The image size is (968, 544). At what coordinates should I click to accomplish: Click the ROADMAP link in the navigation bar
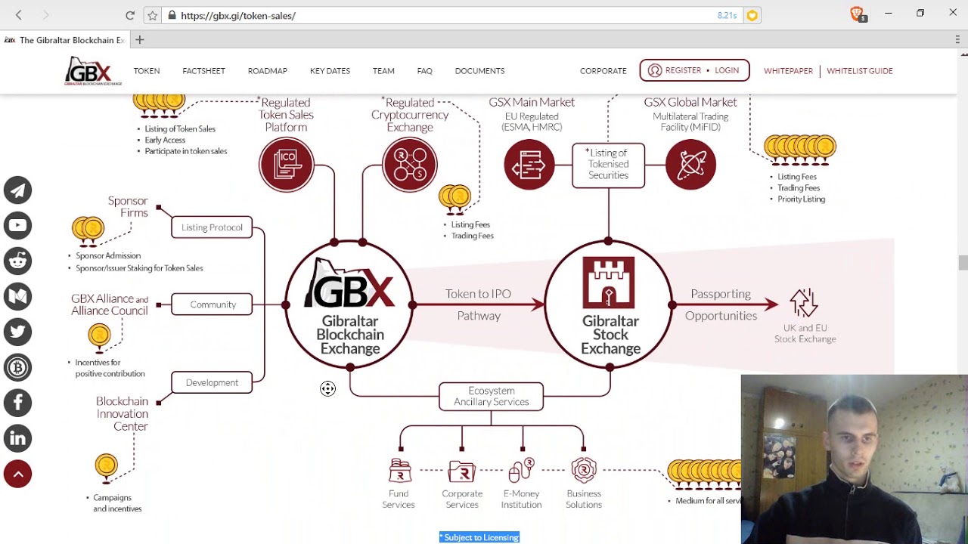coord(267,71)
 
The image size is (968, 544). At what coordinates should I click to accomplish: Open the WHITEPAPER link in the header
coord(788,71)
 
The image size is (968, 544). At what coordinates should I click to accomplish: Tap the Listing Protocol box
coord(212,227)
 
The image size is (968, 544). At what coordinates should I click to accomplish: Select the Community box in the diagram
coord(212,304)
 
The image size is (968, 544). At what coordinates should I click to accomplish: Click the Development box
coord(212,383)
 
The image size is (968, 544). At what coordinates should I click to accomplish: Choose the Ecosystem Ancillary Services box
coord(491,397)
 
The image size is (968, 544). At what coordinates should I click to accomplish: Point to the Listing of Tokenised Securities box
coord(608,165)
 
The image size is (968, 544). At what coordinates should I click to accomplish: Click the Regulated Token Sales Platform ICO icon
coord(287,165)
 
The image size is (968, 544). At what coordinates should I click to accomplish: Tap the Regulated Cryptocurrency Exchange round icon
coord(410,165)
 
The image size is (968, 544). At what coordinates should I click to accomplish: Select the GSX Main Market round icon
coord(529,165)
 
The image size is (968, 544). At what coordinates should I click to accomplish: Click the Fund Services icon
coord(399,471)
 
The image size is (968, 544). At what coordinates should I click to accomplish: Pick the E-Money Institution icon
coord(521,471)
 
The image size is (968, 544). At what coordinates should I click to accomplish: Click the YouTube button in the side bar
coord(17,225)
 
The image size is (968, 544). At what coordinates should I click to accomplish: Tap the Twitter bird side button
coord(17,332)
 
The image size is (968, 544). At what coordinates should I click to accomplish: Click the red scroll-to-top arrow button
coord(17,474)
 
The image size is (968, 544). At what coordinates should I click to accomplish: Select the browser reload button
coord(130,15)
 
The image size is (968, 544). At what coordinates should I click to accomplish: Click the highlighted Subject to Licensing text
coord(479,537)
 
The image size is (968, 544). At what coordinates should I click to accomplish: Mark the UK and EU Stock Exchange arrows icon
coord(804,303)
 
